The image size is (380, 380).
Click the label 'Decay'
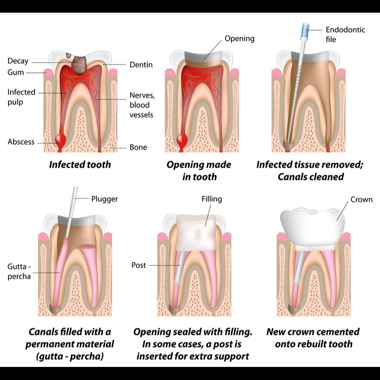tap(18, 61)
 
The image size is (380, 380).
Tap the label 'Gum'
tap(16, 72)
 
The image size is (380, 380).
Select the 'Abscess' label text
tap(21, 142)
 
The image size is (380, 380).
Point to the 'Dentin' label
tap(141, 65)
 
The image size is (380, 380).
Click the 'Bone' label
tap(138, 147)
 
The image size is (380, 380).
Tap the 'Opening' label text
tap(239, 39)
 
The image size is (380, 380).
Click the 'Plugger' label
tap(104, 199)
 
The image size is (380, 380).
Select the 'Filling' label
tap(212, 199)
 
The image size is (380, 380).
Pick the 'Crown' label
tap(361, 199)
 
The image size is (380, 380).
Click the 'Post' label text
tap(138, 265)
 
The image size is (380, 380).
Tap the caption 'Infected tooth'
tap(80, 165)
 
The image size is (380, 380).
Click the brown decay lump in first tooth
tap(79, 65)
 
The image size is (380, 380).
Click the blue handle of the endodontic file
tap(305, 30)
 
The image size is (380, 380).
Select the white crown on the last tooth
tap(312, 227)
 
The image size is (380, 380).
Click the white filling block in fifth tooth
tap(196, 233)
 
